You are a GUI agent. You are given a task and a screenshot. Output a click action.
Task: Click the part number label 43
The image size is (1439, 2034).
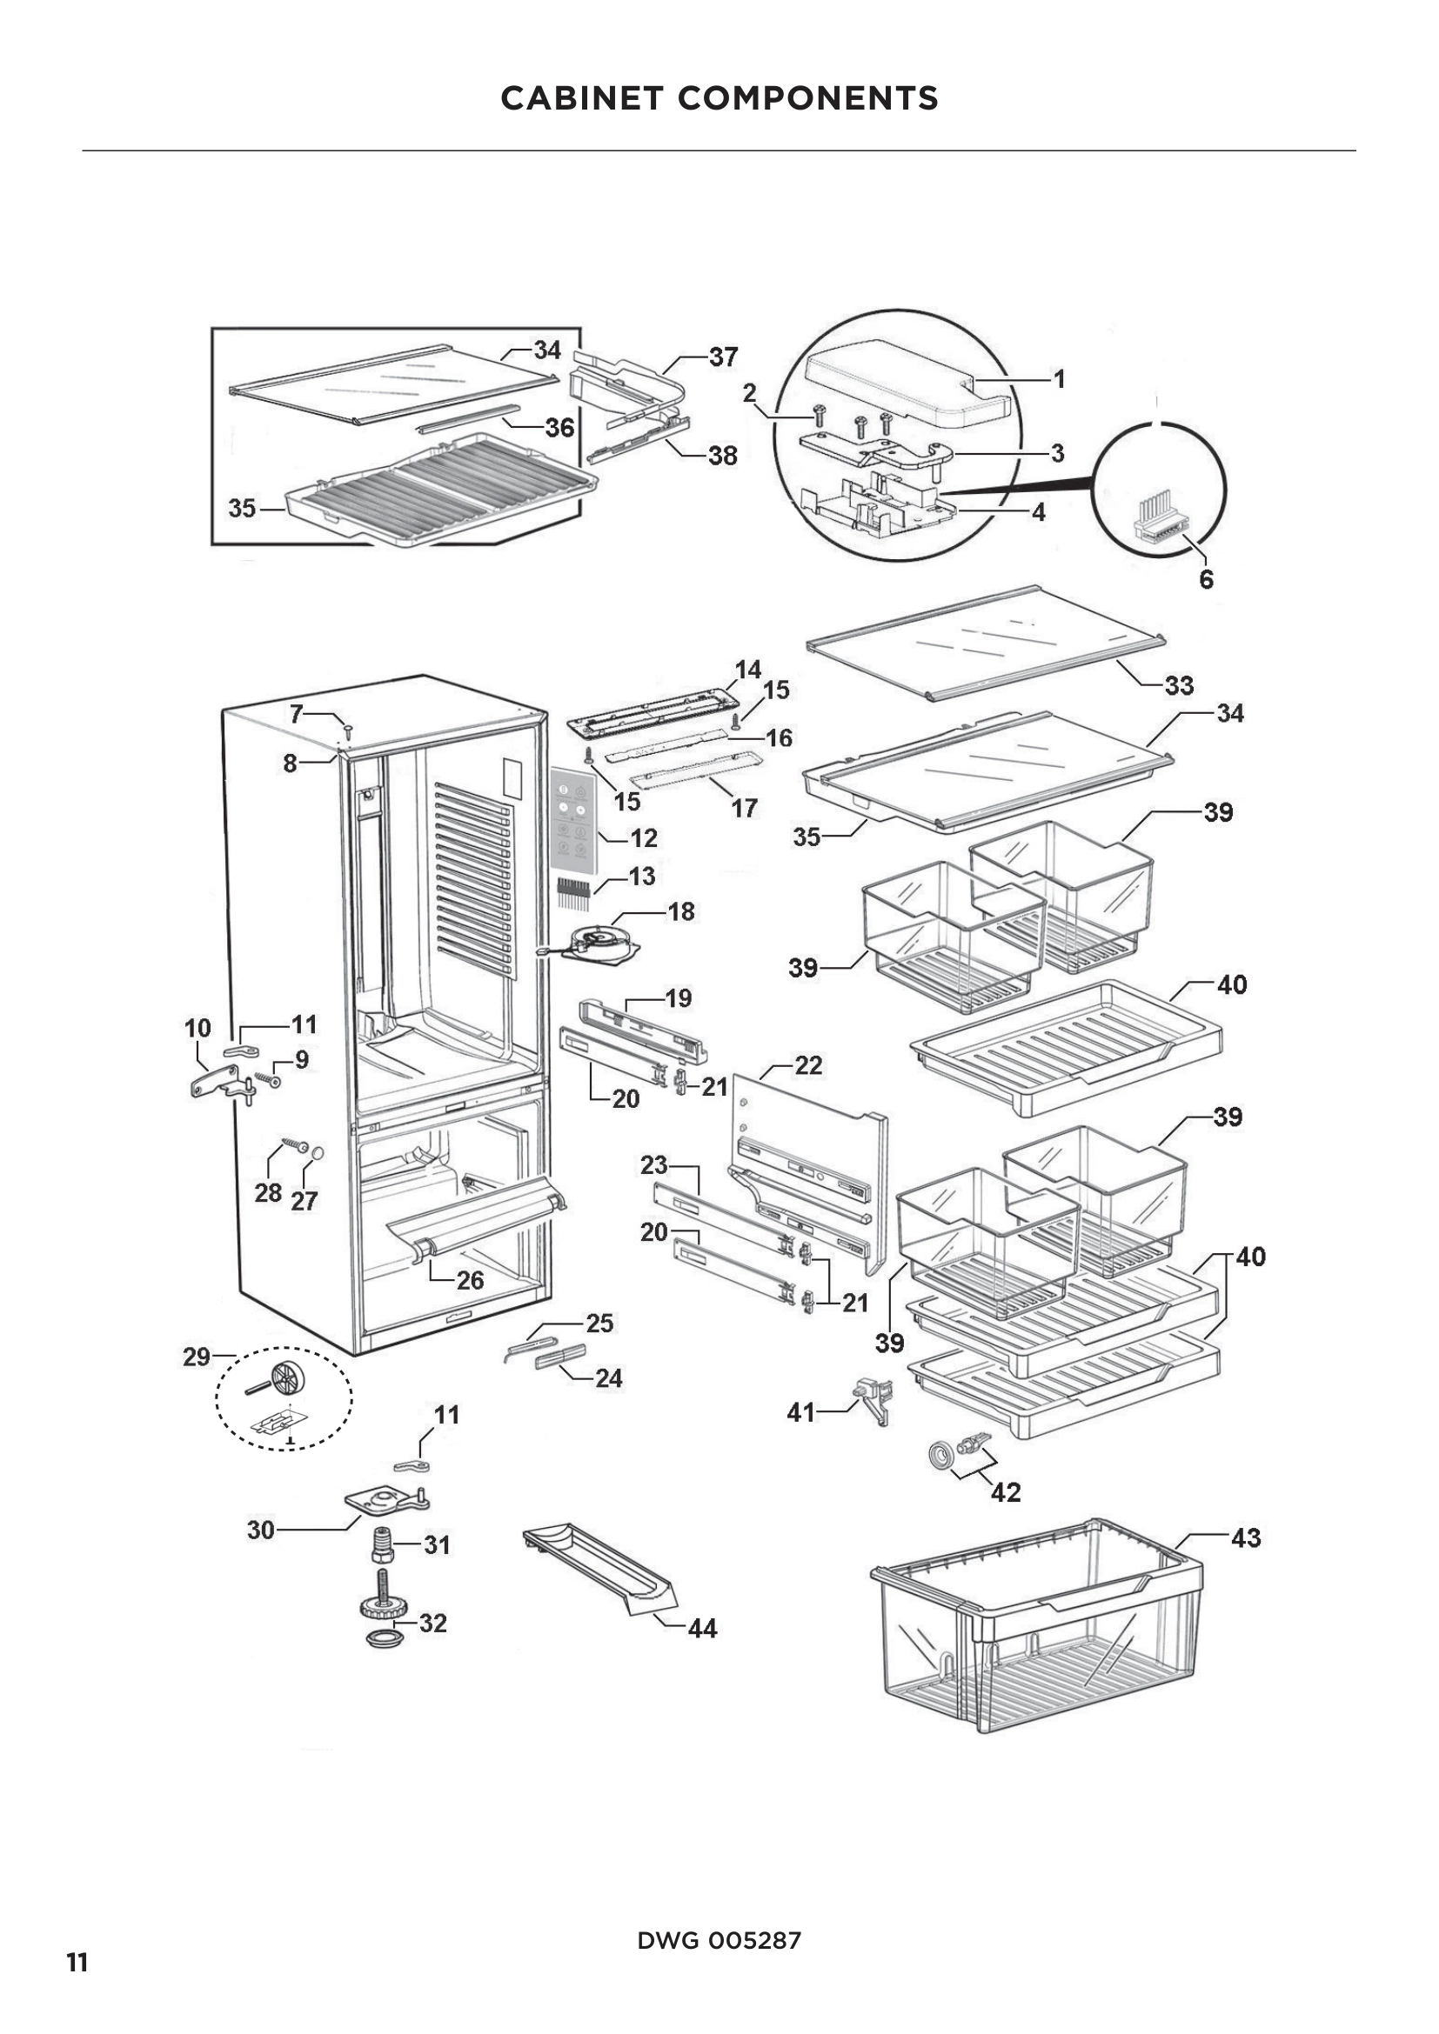point(1246,1538)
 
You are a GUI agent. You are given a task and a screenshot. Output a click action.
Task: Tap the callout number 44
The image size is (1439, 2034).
point(702,1628)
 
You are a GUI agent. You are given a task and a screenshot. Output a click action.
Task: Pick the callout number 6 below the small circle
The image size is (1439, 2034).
point(1206,579)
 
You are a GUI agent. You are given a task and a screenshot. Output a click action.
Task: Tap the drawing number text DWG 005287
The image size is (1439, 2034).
point(719,1940)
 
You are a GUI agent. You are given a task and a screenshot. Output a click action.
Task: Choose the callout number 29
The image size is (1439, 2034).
point(197,1357)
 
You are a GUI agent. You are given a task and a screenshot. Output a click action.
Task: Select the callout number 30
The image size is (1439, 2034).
point(260,1530)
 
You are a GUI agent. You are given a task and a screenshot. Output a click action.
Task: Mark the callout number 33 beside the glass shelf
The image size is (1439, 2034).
point(1179,684)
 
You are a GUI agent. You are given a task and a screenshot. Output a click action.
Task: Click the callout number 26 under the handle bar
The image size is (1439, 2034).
point(470,1280)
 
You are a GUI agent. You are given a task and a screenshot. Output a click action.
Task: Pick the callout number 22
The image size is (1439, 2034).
point(808,1065)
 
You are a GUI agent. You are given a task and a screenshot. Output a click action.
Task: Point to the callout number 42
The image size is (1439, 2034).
point(1006,1493)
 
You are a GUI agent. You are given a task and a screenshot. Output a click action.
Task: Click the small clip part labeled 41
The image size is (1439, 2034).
point(873,1400)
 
